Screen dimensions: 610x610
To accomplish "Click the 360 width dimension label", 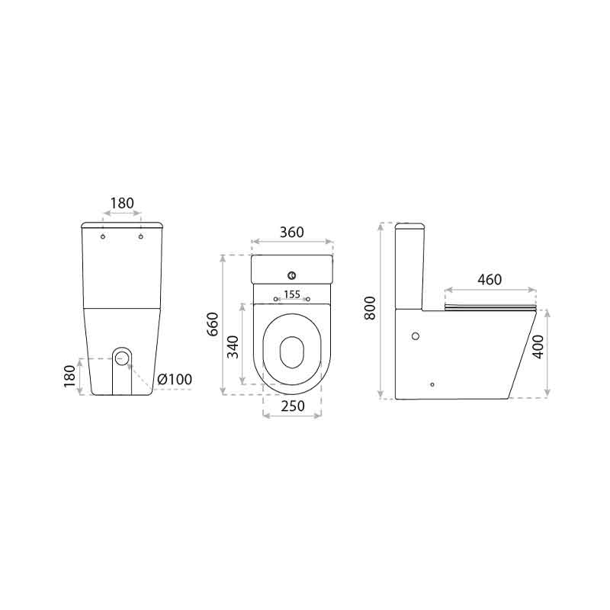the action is coord(292,233).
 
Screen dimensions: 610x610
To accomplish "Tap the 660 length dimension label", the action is coord(213,324).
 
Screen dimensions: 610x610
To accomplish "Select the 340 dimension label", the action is coord(233,347).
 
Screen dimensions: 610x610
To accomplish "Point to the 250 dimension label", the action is coord(293,406).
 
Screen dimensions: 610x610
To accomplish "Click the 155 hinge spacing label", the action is coord(292,294).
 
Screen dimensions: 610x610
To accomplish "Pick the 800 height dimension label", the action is coord(370,308).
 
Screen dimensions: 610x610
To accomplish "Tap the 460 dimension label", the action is coord(490,280).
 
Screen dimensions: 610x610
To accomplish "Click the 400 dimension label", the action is coord(538,347).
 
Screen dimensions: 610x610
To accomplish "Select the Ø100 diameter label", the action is coord(175,379).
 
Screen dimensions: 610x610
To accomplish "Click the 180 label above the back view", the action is coord(122,203).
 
